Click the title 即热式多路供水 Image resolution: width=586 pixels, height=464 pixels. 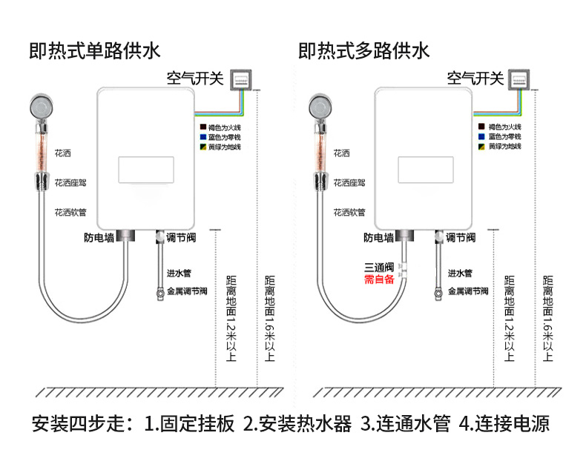[363, 51]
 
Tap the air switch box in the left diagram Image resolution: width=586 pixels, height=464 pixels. [241, 79]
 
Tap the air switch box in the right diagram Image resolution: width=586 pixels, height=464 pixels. [521, 79]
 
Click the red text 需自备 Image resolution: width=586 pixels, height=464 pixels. [379, 279]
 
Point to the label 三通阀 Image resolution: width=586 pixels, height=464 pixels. [379, 267]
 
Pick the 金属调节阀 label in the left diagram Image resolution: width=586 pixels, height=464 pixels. [187, 291]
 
